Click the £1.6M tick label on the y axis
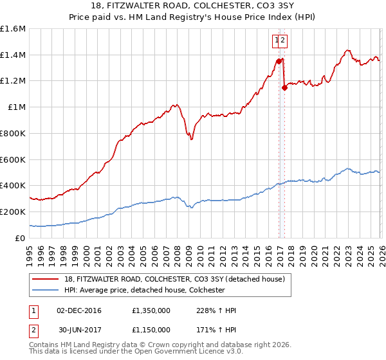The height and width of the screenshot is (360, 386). (12, 29)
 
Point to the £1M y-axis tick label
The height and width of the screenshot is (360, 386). (15, 107)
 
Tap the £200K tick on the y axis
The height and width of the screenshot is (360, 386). (12, 212)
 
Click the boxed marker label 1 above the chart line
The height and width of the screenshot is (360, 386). (277, 40)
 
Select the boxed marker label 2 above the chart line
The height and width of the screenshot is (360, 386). (283, 40)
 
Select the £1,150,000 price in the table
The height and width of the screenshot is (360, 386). (151, 329)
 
